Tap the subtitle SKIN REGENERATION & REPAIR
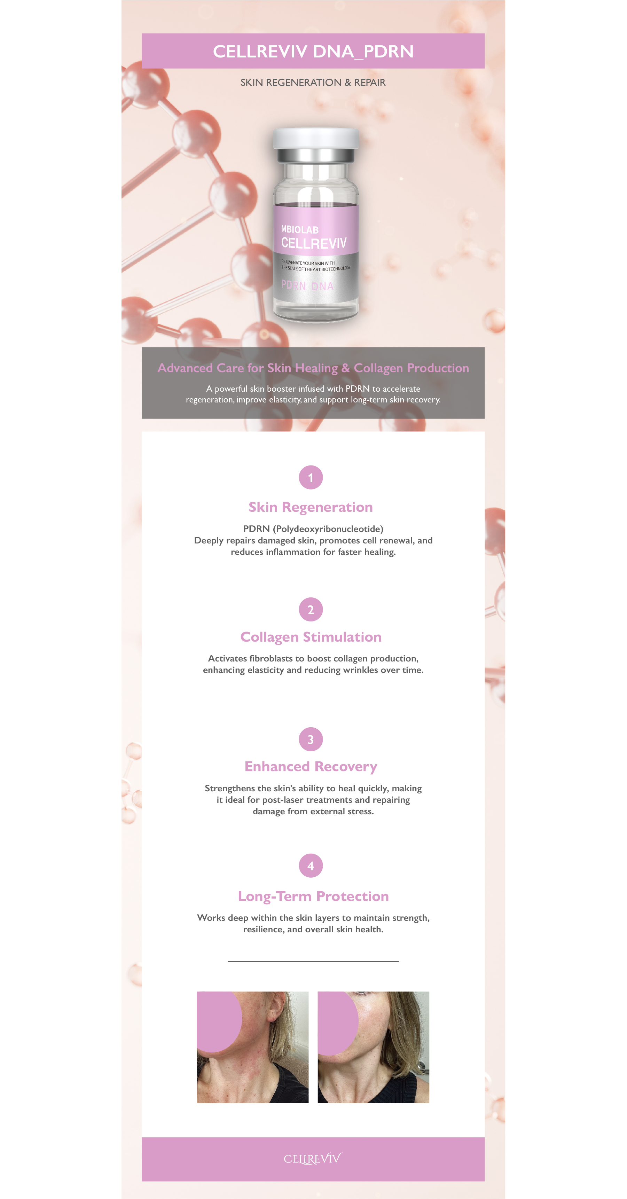click(x=313, y=83)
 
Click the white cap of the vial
click(x=316, y=138)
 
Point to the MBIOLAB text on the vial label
click(x=300, y=229)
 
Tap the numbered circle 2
click(x=311, y=609)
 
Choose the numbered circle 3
click(x=311, y=739)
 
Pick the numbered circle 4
click(x=311, y=866)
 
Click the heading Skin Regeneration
click(x=311, y=507)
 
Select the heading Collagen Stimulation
click(x=311, y=637)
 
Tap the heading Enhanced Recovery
click(x=311, y=767)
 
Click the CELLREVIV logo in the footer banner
click(x=313, y=1159)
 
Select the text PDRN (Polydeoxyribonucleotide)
click(x=313, y=529)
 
